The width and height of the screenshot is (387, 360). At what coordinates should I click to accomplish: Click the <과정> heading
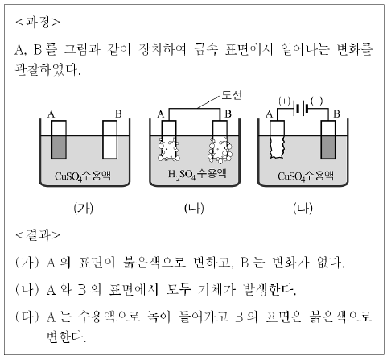(38, 22)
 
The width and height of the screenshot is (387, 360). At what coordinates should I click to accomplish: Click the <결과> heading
(38, 235)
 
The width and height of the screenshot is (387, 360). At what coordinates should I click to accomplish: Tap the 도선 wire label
(232, 95)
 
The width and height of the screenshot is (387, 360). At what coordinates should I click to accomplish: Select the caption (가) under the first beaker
(84, 209)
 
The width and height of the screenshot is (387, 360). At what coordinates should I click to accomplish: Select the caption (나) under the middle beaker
(194, 209)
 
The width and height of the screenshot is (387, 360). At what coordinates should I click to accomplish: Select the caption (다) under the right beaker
(303, 209)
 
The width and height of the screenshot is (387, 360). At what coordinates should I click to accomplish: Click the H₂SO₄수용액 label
(197, 175)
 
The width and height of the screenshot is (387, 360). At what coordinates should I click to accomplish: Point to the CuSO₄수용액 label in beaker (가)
(83, 176)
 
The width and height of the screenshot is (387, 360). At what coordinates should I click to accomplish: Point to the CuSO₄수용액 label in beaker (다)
(306, 176)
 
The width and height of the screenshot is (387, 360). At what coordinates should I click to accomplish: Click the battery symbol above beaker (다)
(300, 109)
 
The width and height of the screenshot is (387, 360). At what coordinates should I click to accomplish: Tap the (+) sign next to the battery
(285, 101)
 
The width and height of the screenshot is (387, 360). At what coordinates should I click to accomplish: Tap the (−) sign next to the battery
(317, 101)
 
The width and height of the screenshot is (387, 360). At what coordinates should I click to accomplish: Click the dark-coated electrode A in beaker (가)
(59, 139)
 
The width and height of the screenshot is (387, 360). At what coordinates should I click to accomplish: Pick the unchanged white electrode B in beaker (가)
(110, 139)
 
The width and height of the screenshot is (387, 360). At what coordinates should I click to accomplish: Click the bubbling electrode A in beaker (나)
(169, 140)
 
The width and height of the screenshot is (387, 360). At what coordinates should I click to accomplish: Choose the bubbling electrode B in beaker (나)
(220, 142)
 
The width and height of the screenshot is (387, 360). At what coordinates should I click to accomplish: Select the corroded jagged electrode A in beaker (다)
(277, 139)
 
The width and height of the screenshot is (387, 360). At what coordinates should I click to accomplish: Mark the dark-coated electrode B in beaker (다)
(328, 139)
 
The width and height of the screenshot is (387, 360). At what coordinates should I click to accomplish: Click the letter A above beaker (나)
(161, 114)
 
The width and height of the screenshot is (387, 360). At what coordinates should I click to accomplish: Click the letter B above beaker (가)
(118, 114)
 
